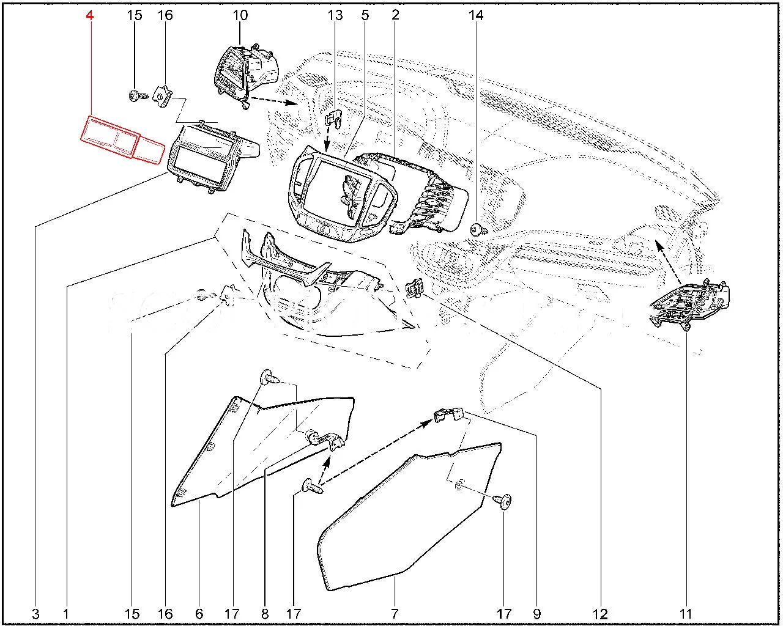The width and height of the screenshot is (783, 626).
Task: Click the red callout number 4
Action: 89,15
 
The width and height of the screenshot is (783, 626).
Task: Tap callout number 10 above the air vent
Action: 240,15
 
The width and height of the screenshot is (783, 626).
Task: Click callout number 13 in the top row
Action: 335,15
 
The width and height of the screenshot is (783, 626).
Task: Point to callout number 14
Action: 475,15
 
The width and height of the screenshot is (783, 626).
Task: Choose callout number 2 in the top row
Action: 396,15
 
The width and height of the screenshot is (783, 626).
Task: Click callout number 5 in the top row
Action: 365,15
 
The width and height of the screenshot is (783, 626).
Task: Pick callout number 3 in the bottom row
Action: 35,614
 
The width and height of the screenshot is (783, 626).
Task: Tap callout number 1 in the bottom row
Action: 66,614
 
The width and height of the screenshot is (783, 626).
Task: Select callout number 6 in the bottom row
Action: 199,614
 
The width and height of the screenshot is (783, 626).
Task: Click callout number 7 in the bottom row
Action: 395,614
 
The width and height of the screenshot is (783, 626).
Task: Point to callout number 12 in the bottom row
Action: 600,614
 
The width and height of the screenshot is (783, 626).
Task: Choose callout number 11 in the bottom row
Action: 686,614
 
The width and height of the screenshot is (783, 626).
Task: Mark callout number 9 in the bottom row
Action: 536,614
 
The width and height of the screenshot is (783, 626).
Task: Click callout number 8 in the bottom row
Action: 264,614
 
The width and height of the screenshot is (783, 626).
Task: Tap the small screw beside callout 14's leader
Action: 477,229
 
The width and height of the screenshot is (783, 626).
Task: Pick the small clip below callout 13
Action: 335,117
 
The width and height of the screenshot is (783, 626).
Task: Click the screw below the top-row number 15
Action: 137,95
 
